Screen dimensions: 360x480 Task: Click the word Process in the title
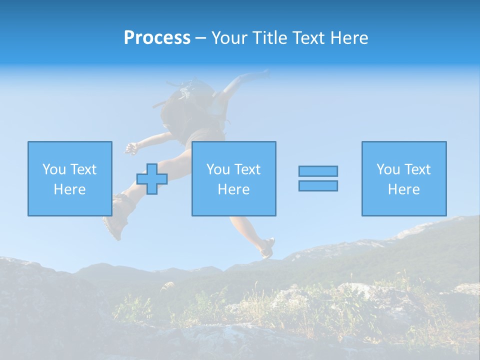point(157,38)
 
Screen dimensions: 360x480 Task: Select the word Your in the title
point(228,38)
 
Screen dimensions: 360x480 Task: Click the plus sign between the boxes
point(152,179)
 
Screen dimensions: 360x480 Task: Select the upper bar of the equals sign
point(318,171)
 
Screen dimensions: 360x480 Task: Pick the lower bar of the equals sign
point(318,185)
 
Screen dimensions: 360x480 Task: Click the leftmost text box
point(69,178)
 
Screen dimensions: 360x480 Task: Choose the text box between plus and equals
point(233,178)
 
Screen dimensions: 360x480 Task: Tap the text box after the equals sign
point(403,178)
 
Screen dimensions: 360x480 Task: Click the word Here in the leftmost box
point(69,189)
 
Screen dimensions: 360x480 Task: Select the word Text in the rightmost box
point(417,169)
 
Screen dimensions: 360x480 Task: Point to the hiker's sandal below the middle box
point(267,247)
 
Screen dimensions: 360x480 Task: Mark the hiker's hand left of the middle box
point(131,147)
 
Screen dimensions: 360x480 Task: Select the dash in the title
point(200,38)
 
